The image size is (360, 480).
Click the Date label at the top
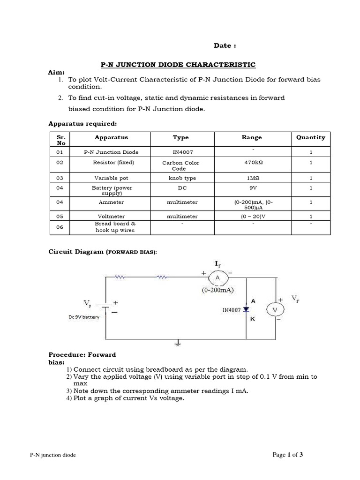tap(225, 45)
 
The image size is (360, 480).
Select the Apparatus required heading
tap(82, 124)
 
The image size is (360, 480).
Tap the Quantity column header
tap(310, 137)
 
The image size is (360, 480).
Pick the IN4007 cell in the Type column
tap(180, 152)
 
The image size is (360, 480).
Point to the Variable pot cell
tap(111, 178)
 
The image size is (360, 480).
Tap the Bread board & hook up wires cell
tap(115, 227)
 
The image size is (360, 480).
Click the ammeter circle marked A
tap(217, 278)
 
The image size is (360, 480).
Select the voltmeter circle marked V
tap(275, 309)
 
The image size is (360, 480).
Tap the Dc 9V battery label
tap(84, 317)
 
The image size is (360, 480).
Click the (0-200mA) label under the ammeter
tap(218, 290)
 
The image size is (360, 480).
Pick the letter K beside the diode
tap(253, 319)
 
